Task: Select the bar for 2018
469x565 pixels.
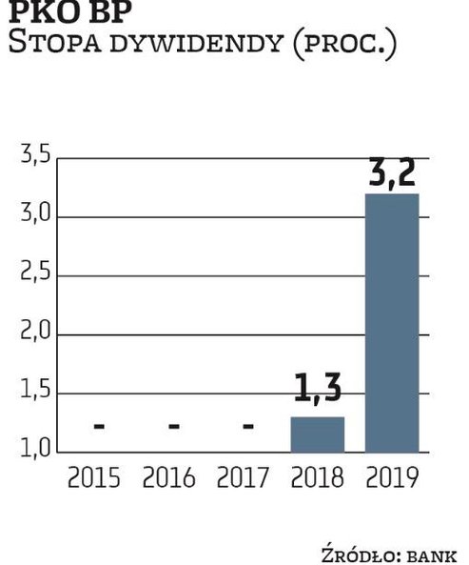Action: coord(317,434)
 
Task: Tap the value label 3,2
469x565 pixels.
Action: coord(392,173)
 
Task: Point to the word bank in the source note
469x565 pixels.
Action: coord(432,554)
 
